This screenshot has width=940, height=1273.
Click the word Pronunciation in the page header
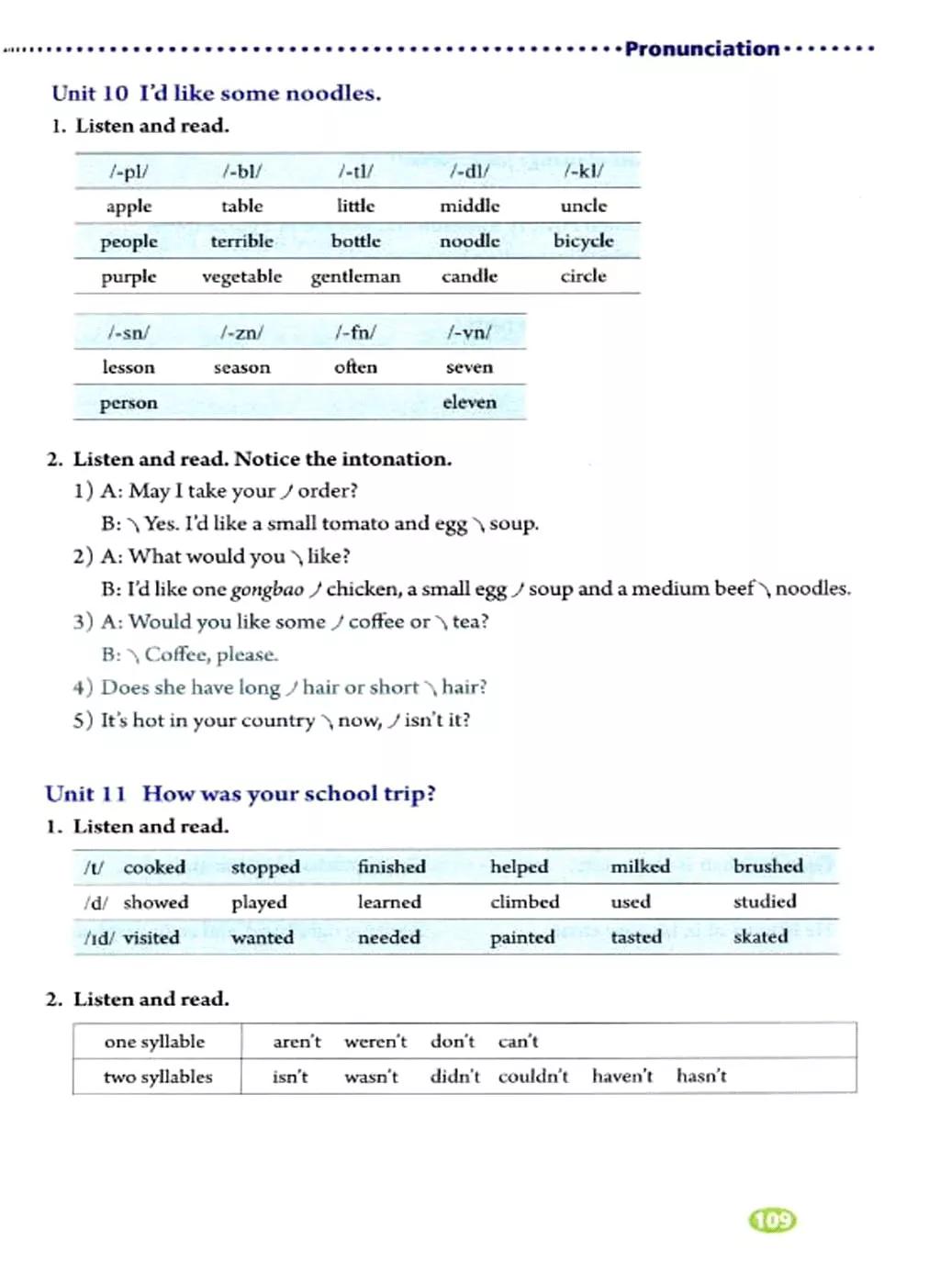point(702,49)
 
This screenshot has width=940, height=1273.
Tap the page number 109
point(773,1220)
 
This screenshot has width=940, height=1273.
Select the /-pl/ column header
point(129,171)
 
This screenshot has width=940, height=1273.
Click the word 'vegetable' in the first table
point(241,276)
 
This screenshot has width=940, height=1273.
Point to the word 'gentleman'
point(355,276)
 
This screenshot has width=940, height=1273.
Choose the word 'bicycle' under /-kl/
point(583,240)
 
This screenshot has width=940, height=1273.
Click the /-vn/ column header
point(469,332)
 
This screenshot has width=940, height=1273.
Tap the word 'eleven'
point(469,402)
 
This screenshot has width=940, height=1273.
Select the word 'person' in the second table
point(129,403)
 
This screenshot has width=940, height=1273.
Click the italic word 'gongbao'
point(267,589)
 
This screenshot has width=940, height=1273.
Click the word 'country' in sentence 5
point(277,720)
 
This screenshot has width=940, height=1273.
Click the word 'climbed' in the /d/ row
point(524,902)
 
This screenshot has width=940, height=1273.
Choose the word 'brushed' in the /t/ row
point(767,866)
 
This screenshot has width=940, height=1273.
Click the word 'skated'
point(760,937)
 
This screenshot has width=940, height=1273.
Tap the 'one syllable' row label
point(154,1042)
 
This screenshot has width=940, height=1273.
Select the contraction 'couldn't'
point(533,1077)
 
